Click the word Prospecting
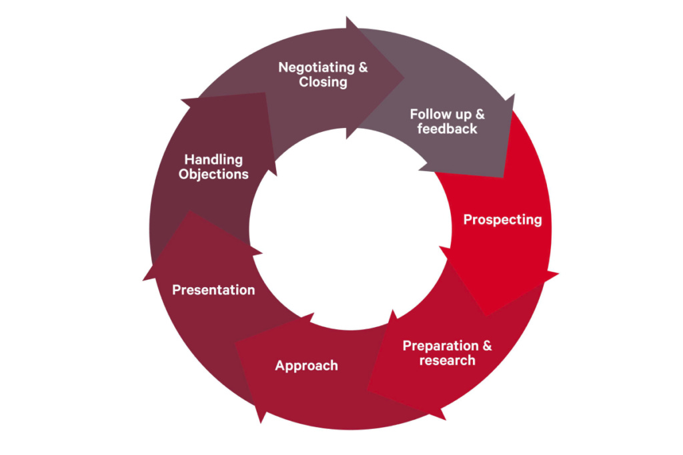click(502, 219)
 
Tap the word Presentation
click(213, 290)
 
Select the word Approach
click(306, 365)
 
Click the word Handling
click(213, 160)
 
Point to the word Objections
click(213, 175)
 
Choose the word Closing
click(323, 82)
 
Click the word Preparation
click(440, 346)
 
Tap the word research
click(447, 360)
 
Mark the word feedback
click(447, 129)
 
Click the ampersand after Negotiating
click(363, 67)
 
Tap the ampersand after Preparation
click(487, 346)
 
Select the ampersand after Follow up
click(480, 114)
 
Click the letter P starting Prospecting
click(468, 219)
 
